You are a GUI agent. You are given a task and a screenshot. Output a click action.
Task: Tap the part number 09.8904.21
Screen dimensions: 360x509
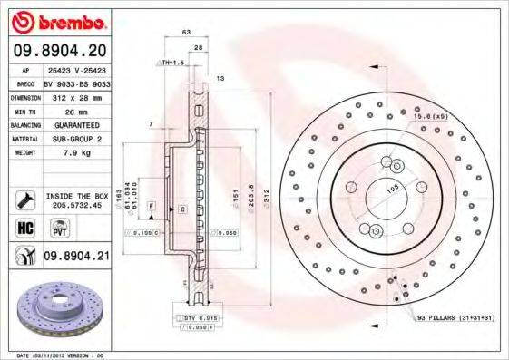coord(76,257)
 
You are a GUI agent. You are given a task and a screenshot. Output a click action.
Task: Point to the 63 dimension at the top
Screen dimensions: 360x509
coord(186,32)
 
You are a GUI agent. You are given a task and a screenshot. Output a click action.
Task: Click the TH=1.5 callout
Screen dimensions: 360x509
coord(172,63)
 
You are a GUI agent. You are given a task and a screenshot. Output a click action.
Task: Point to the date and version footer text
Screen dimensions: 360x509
coord(67,355)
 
